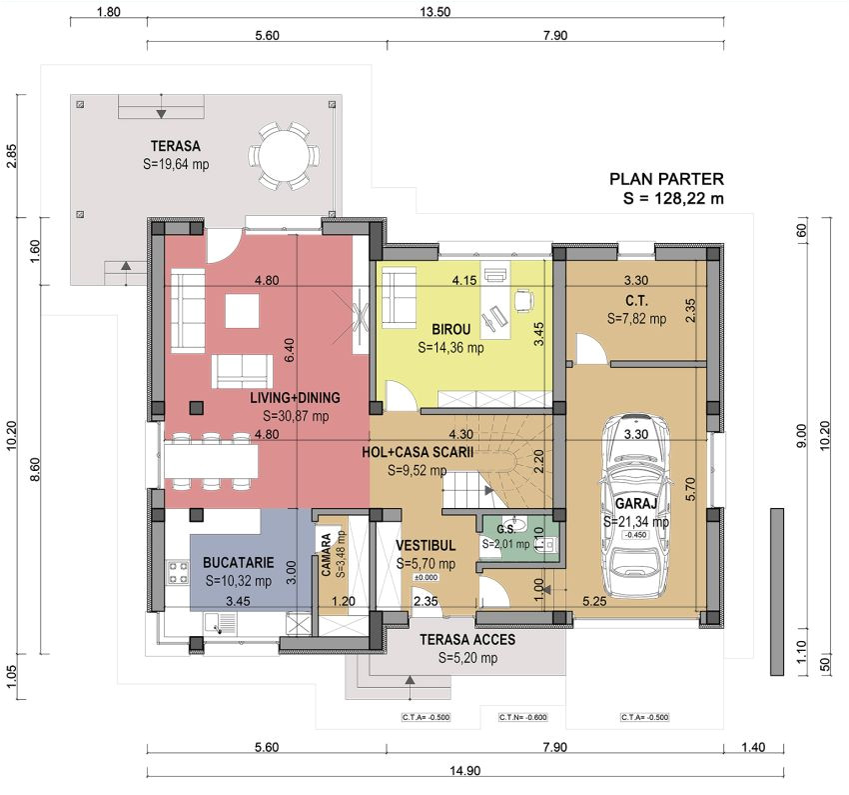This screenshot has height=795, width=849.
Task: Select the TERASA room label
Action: [175, 144]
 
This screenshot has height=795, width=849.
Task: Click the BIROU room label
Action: [450, 329]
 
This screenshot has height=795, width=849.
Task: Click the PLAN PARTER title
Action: [666, 180]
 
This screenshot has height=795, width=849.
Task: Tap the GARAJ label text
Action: [635, 504]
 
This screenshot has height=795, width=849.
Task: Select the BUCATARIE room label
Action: [238, 563]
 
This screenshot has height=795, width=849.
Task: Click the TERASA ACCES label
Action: [466, 640]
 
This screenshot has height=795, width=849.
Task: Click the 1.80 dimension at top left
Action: [110, 12]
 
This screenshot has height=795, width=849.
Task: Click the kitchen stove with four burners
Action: [179, 573]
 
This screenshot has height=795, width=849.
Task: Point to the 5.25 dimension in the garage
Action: [596, 601]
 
